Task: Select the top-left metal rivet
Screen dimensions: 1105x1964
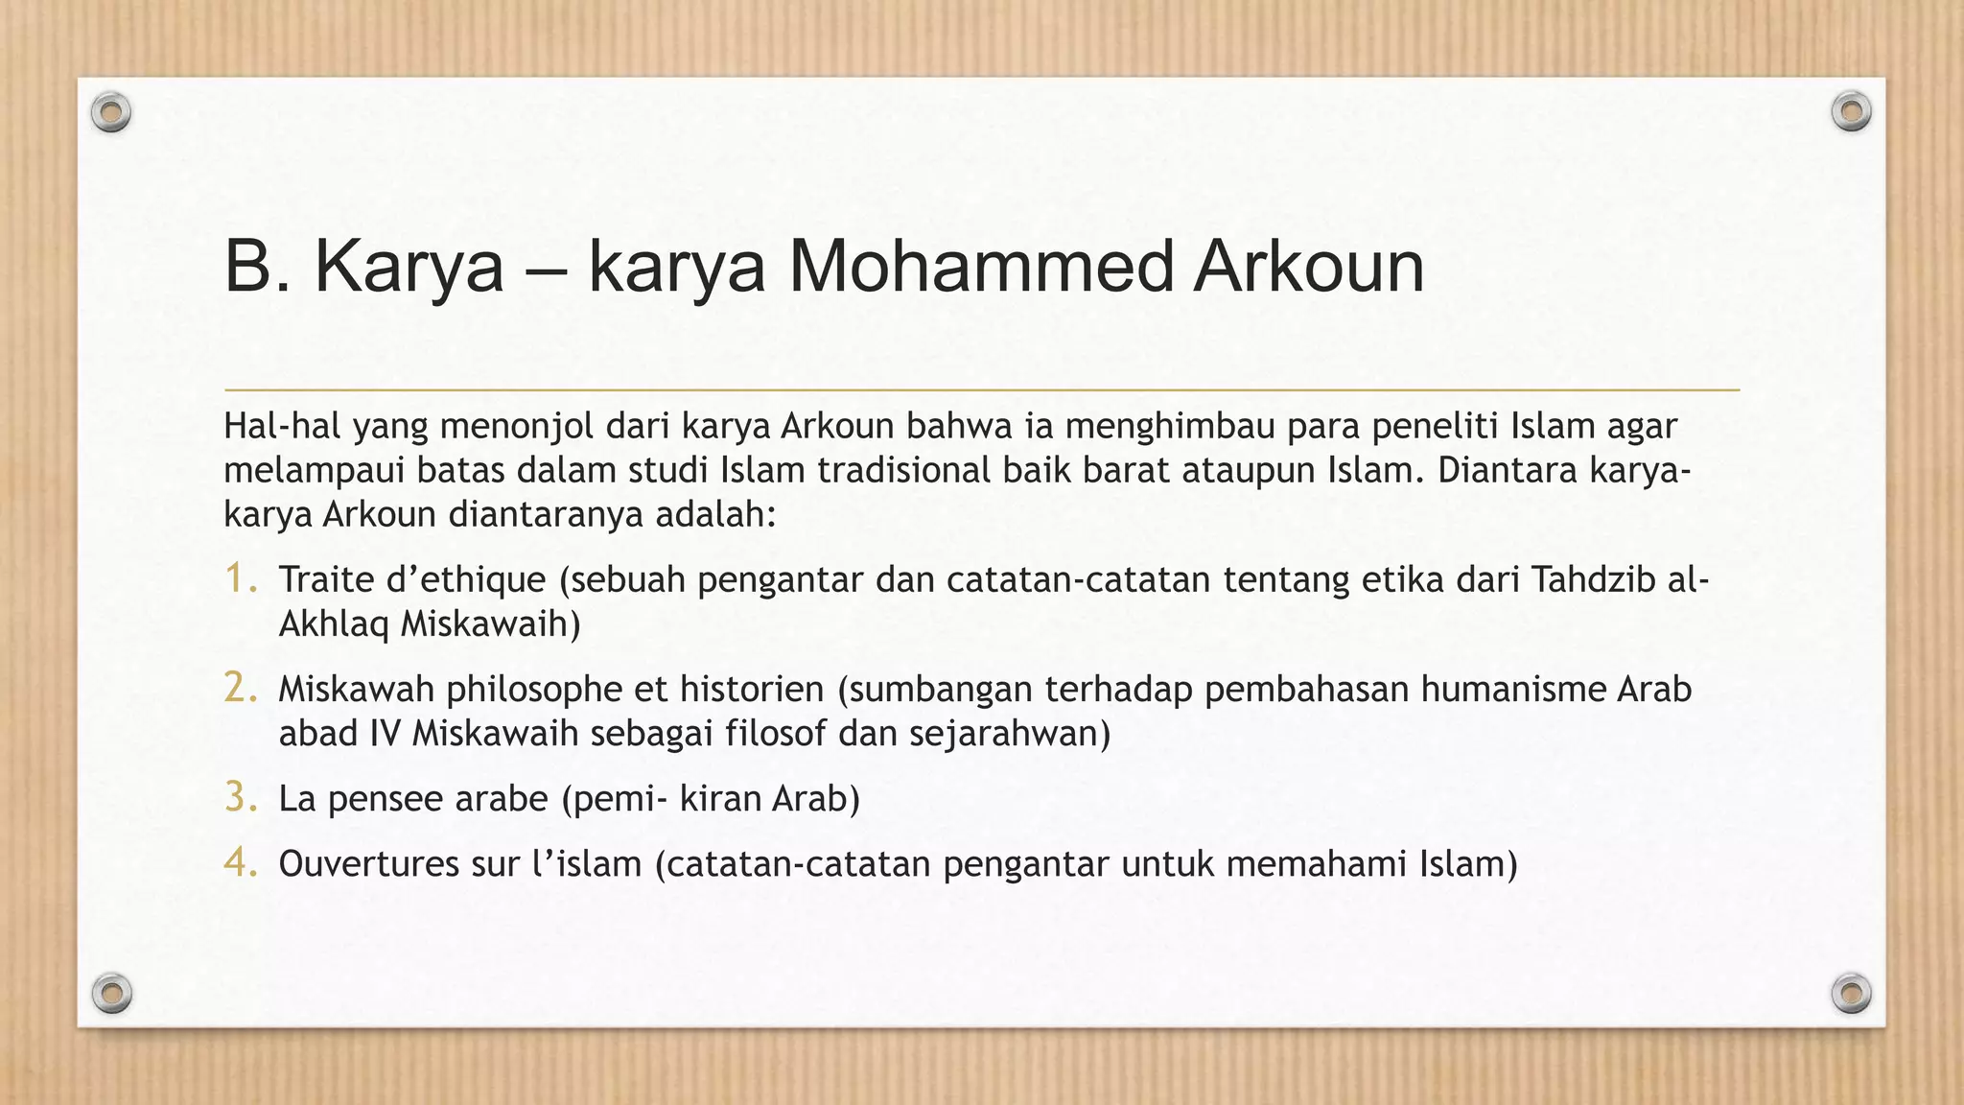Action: coord(111,113)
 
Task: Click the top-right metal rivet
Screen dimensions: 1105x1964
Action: coord(1851,112)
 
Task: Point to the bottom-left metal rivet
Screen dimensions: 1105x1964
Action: coord(111,993)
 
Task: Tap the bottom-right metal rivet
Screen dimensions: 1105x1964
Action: coord(1851,993)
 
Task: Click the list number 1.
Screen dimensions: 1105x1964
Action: coord(240,579)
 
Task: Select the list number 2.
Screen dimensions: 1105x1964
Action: coord(240,689)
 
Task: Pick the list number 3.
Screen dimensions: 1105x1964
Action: coord(240,798)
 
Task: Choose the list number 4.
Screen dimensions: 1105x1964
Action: coord(240,863)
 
